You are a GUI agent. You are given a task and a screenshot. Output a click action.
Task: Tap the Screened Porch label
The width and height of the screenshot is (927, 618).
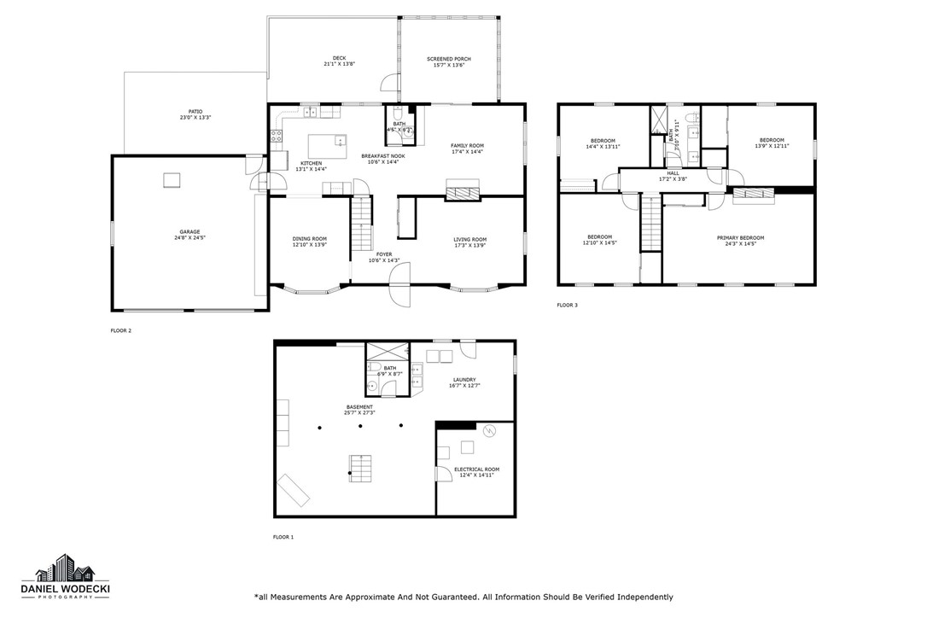(448, 59)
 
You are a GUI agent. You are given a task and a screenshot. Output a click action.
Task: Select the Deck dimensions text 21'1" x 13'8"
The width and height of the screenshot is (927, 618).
(339, 64)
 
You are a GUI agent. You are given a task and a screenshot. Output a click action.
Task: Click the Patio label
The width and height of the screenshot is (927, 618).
(195, 111)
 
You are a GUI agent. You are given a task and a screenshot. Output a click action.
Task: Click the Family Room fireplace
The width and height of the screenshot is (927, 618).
(463, 194)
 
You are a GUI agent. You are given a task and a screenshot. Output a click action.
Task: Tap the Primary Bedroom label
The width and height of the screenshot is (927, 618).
(740, 237)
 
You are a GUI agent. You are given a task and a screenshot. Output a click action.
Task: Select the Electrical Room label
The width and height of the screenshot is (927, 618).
(476, 469)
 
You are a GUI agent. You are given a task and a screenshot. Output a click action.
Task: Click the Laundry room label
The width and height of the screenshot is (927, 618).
(464, 380)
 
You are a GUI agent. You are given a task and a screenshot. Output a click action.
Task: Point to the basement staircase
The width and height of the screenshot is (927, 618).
(360, 468)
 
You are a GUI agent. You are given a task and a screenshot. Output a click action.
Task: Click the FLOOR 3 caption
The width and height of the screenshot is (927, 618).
(568, 305)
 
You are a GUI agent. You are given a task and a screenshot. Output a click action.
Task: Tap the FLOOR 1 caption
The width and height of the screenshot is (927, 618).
(283, 537)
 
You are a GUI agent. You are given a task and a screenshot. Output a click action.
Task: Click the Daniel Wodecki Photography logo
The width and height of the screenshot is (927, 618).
(72, 577)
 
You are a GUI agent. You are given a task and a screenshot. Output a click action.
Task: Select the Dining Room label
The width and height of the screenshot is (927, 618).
(309, 239)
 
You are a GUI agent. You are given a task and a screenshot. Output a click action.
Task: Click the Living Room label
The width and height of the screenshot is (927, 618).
(469, 239)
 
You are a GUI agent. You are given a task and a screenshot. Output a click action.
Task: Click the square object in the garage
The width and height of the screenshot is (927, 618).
(172, 179)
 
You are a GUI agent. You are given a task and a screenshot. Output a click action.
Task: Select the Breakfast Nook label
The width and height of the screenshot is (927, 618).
(382, 156)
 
